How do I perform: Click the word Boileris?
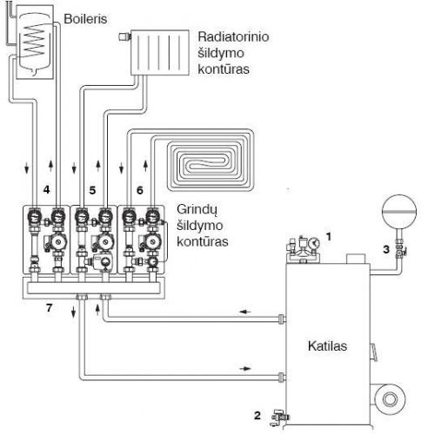click(x=85, y=19)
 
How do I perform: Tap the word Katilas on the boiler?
click(x=327, y=346)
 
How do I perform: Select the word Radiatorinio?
click(x=233, y=36)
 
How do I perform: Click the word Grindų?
click(x=197, y=210)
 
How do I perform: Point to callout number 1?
click(x=328, y=237)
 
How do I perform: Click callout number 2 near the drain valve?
click(x=257, y=416)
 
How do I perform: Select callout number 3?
click(x=386, y=249)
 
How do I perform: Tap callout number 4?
click(x=46, y=190)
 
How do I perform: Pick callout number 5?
click(x=92, y=190)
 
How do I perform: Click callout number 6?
click(x=140, y=190)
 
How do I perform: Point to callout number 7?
click(x=49, y=308)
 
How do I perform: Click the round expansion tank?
click(x=399, y=211)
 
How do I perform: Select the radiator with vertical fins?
click(x=160, y=53)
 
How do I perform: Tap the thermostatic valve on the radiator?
click(x=124, y=36)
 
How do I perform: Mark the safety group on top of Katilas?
click(x=303, y=248)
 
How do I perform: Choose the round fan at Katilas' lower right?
click(x=390, y=399)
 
